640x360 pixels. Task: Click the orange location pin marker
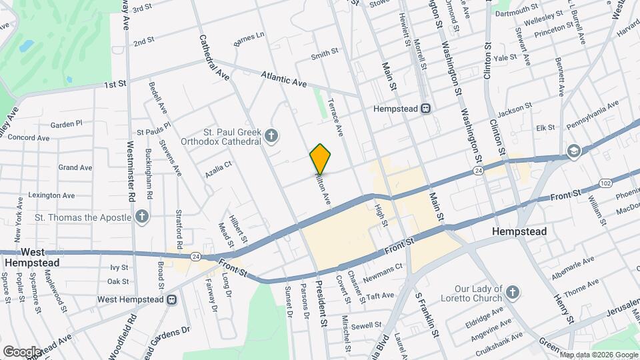tap(321, 159)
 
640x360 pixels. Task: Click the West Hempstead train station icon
tap(171, 299)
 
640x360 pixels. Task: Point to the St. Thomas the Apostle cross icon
tap(141, 217)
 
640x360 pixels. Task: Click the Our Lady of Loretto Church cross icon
tap(511, 292)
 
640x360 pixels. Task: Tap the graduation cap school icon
tap(573, 151)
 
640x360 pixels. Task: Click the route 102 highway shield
tap(605, 183)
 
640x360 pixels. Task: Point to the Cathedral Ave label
tap(214, 58)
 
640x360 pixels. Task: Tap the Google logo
tap(21, 351)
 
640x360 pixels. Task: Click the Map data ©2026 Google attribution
tap(599, 354)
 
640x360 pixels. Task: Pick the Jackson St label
tap(514, 109)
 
